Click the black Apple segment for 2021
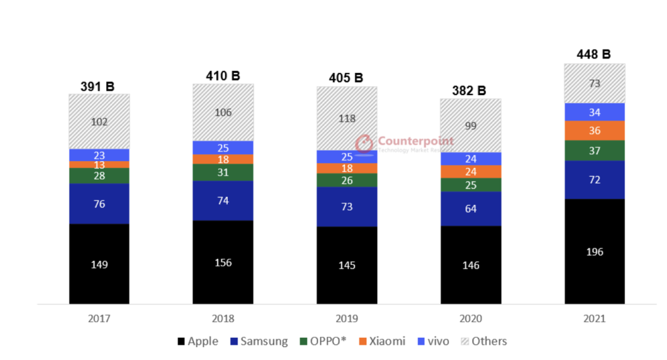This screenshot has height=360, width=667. coord(595,251)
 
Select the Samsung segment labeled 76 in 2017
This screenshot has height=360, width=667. coord(99,204)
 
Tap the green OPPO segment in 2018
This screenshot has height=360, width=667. coord(223,172)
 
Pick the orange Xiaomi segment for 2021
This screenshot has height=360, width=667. coord(595,130)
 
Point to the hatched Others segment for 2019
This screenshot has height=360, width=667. coord(347,118)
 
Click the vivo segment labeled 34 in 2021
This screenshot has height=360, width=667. coord(595,112)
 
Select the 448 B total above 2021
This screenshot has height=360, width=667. coord(593,54)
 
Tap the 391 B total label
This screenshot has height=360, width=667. coord(98,86)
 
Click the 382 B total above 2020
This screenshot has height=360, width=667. coord(469,91)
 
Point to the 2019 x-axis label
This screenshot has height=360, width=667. coord(347,319)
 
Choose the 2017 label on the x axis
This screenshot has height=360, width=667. coord(99,319)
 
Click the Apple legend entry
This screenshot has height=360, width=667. coord(198,341)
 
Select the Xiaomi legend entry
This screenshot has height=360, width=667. coord(381,341)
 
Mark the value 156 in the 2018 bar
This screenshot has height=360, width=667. coord(223,262)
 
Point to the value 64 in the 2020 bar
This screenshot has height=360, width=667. coord(471,209)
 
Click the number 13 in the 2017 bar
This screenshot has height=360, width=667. coord(99,165)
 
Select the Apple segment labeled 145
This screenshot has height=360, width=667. coord(347,266)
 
